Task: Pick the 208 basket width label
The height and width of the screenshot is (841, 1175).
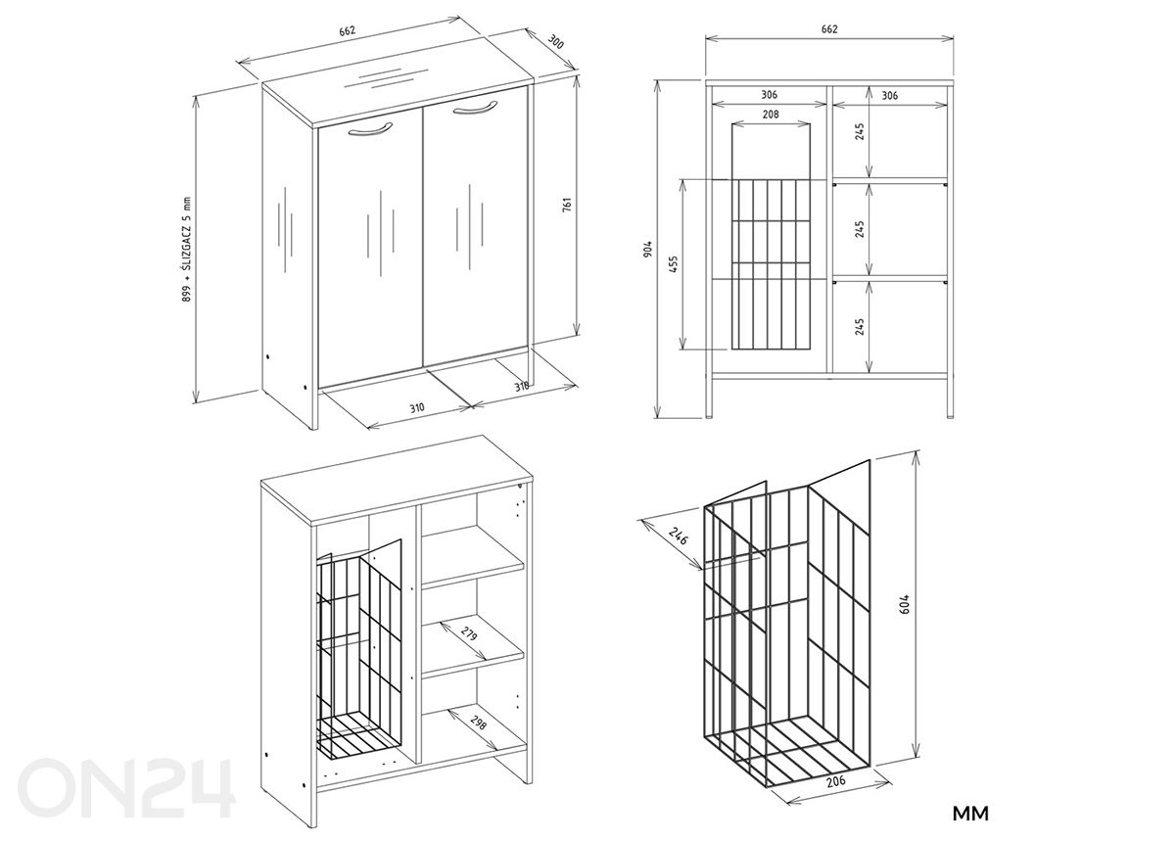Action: tap(770, 115)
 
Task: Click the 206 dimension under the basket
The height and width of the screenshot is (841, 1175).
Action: tap(835, 781)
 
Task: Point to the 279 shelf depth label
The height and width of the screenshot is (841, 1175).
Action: tap(469, 637)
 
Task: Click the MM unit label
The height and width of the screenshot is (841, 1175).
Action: tap(970, 814)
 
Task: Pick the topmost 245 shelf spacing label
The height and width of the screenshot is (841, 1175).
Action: tap(859, 131)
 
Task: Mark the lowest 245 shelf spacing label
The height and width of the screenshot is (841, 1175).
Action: tap(859, 326)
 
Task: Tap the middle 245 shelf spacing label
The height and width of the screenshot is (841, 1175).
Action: tap(859, 228)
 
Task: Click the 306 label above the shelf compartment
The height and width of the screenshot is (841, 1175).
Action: tap(889, 95)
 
